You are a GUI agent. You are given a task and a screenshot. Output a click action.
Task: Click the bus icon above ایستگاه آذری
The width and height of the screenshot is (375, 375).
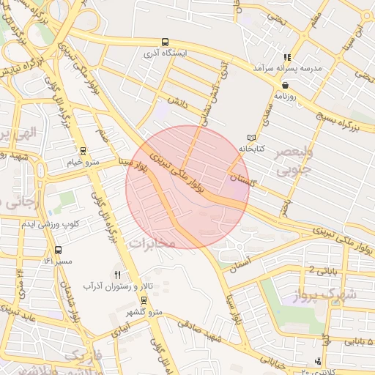[165, 42]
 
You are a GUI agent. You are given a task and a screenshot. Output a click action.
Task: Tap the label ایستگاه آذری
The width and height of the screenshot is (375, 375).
[166, 54]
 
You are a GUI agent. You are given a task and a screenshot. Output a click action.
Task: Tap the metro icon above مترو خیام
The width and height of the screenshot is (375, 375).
[83, 151]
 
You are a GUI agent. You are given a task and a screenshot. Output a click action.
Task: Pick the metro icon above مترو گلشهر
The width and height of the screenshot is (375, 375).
[141, 300]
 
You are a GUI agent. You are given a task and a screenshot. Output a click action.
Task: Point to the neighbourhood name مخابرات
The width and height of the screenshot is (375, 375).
[152, 242]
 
